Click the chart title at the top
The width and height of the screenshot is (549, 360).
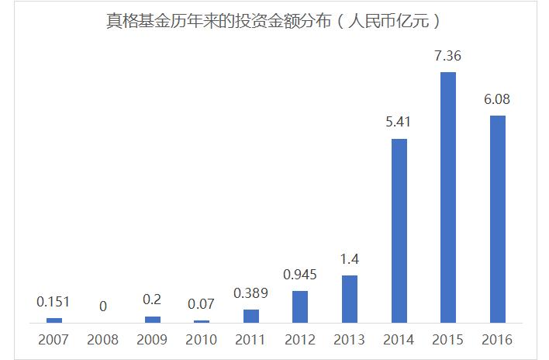[274, 21]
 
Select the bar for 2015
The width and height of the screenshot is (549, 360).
[448, 197]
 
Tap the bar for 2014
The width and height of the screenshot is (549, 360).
[399, 230]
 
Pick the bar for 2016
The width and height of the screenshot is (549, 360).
[497, 219]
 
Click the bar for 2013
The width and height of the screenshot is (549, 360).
[350, 299]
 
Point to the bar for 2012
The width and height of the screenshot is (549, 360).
[300, 306]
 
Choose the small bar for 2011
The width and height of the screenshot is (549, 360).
[251, 316]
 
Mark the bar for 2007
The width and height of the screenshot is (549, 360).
[54, 320]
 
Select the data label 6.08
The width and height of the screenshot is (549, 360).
[497, 100]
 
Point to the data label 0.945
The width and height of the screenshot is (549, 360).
[300, 275]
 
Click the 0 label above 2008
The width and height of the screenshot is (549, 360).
[103, 306]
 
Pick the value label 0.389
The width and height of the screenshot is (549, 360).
[251, 293]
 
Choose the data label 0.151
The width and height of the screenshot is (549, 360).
[54, 302]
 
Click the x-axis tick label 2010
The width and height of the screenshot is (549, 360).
[202, 340]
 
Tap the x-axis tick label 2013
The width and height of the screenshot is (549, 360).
[350, 340]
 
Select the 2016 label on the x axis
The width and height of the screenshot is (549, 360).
[497, 340]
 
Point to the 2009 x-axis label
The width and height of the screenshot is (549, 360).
[152, 340]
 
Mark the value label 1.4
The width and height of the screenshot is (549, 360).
[350, 259]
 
